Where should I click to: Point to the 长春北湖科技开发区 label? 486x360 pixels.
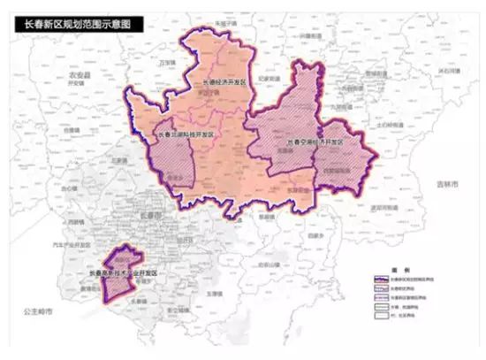coord(186,135)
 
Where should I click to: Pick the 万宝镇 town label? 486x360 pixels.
coord(164,64)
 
